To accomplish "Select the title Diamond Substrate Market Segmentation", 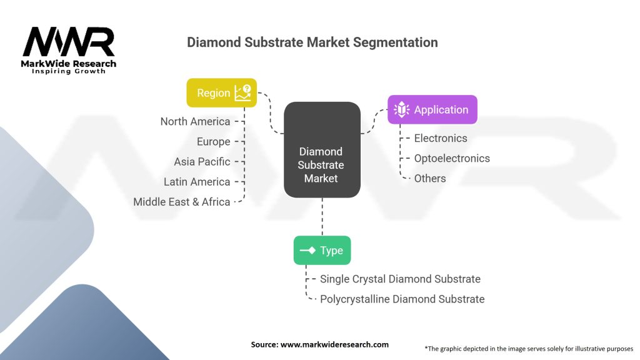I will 312,42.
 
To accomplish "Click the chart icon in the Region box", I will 242,93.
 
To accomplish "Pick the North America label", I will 195,121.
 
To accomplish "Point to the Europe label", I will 213,141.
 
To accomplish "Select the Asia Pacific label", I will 202,161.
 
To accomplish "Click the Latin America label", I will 197,181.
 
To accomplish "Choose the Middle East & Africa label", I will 181,201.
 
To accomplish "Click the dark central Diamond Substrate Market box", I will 321,150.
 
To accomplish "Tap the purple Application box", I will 432,109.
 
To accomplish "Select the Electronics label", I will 440,138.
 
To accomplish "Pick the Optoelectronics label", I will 451,158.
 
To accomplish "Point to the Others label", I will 429,178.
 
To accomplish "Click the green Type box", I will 322,250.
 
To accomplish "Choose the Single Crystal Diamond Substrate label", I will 400,279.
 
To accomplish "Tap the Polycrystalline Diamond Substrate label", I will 402,299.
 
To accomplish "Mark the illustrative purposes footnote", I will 529,348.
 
